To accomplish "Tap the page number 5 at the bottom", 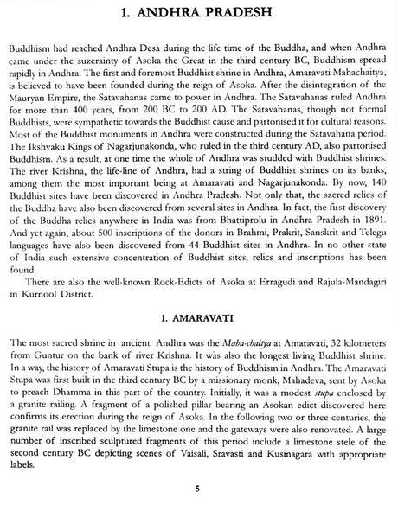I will coord(198,489).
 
